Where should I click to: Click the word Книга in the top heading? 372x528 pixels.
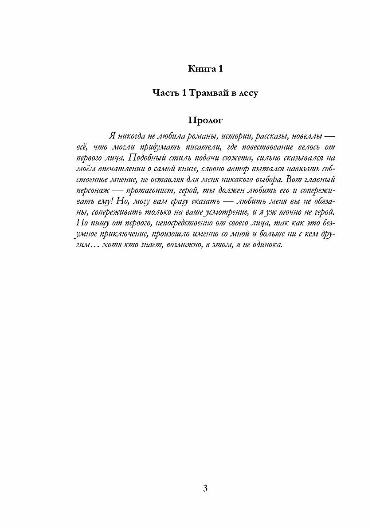coord(201,69)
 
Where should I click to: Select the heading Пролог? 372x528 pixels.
coord(205,120)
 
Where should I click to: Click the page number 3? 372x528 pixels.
coord(205,489)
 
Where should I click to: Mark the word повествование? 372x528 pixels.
coord(278,146)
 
